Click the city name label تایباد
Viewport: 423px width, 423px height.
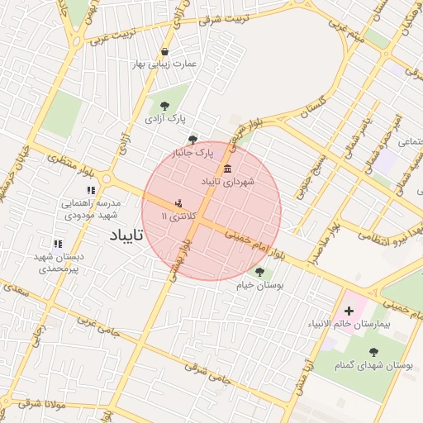coord(126,235)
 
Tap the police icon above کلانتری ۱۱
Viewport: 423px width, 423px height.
coord(178,202)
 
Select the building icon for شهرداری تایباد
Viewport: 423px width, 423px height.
coord(227,169)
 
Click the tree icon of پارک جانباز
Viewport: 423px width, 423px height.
coord(192,140)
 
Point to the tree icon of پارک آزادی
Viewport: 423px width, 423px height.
coord(165,105)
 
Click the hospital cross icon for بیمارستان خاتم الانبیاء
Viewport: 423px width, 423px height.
coord(348,311)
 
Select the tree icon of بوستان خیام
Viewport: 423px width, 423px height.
coord(259,272)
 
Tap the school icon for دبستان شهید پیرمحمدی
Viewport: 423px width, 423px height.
coord(57,245)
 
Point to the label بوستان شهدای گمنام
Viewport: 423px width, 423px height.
coord(381,364)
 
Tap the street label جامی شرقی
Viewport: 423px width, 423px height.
coord(204,374)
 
